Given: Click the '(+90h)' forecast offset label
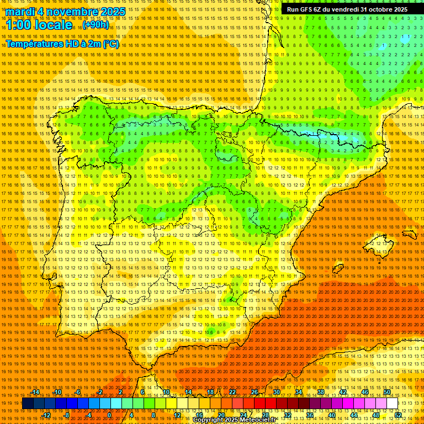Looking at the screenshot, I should pos(96,25).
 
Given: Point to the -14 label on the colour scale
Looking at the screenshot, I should pos(36,392).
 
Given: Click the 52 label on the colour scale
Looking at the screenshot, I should pos(398,415).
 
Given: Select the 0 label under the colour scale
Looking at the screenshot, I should pos(110,415).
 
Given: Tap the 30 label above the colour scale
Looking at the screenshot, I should pos(277,392).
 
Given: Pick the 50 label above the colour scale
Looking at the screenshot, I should pos(387,392).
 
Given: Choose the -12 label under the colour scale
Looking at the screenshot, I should pos(46,415).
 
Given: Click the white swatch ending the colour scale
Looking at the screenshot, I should pos(393,404).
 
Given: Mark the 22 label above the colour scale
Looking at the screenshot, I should pos(232,392).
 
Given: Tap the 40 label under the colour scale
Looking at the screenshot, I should pos(332,415).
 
